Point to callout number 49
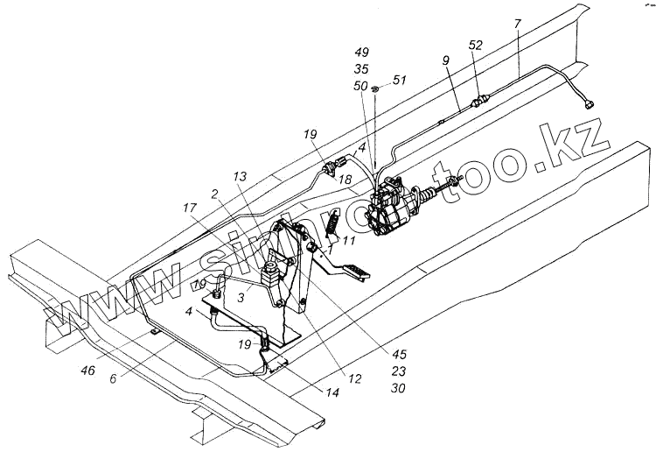(x=360, y=52)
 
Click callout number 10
(x=199, y=285)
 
